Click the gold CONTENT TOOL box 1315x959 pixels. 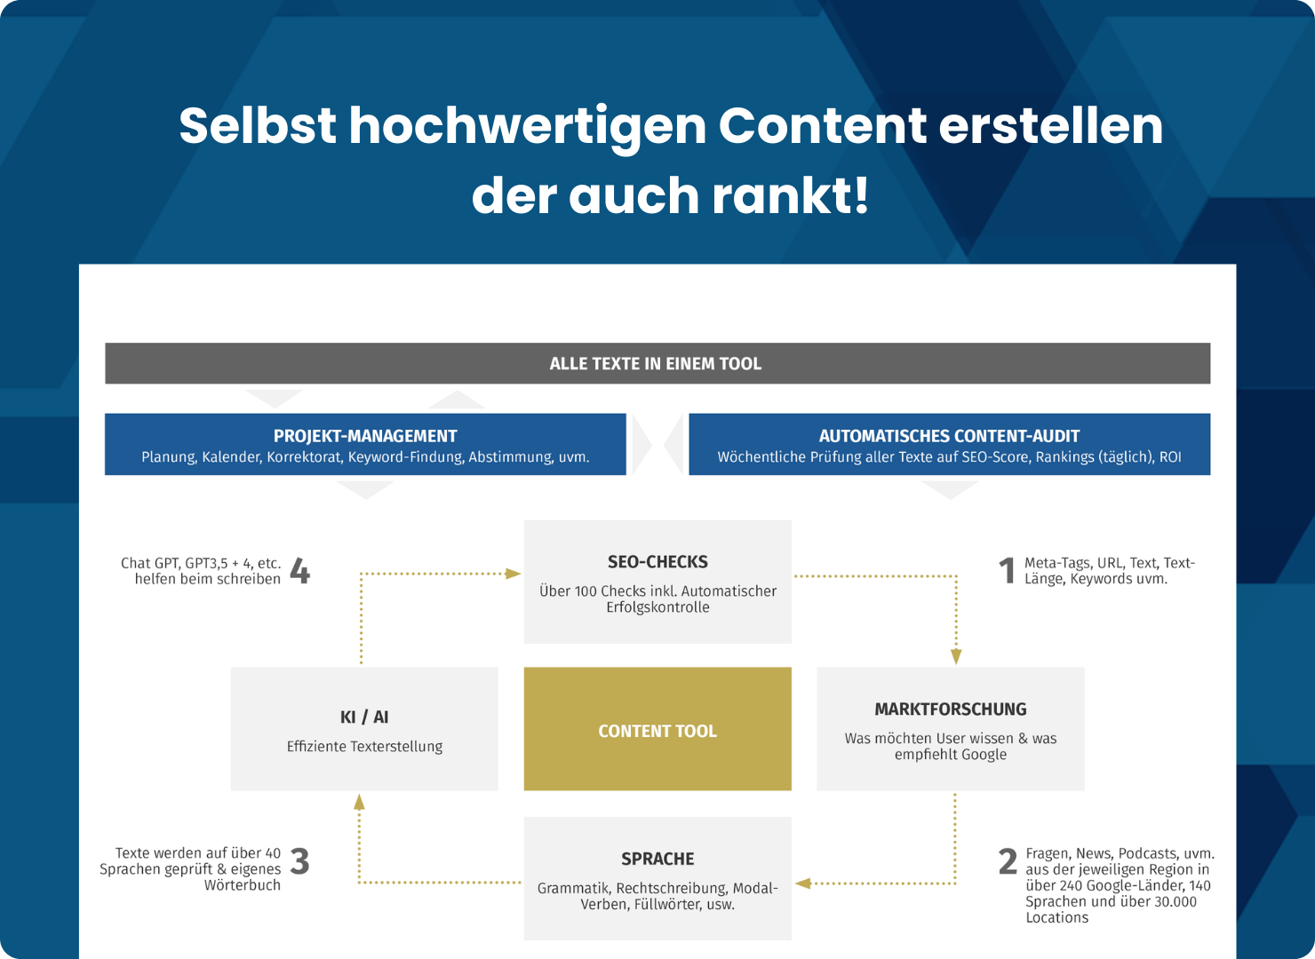[x=657, y=728]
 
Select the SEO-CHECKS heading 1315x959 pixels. [x=657, y=562]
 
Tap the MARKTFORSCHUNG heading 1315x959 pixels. [x=951, y=709]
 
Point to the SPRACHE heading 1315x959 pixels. [x=657, y=859]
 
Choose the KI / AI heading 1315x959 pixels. [x=364, y=717]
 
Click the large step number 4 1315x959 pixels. [x=300, y=571]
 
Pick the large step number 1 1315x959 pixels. [x=1007, y=571]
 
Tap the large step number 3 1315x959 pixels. [x=299, y=861]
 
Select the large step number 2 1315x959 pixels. [x=1008, y=861]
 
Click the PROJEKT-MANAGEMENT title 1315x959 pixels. [x=365, y=436]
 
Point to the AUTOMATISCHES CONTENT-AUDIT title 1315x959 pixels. [x=949, y=436]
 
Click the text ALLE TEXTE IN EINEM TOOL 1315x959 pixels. [x=655, y=364]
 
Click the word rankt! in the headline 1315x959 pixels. [x=790, y=195]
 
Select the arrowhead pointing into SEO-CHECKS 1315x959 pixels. [x=513, y=574]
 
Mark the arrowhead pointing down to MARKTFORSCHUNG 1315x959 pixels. [x=956, y=656]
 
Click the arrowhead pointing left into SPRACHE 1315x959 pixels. [x=803, y=884]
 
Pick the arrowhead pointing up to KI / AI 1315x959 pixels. [x=359, y=803]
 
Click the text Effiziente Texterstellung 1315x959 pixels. [x=364, y=746]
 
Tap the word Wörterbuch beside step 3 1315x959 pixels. [x=243, y=885]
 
